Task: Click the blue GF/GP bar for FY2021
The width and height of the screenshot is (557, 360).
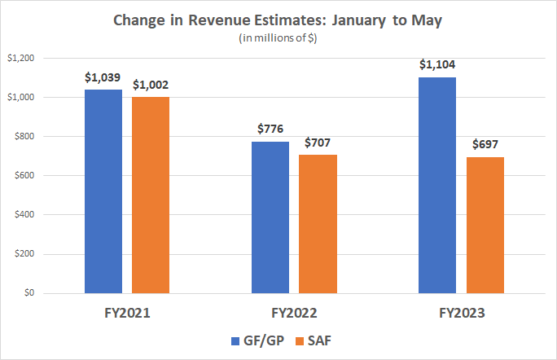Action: click(103, 191)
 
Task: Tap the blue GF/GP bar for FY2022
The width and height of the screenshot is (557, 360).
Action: click(270, 217)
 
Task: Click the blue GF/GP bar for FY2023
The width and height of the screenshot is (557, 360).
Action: click(437, 185)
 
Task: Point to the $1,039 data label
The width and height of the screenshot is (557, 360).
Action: click(103, 78)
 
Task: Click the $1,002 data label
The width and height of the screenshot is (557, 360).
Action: click(151, 85)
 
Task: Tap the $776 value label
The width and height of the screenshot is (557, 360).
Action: click(270, 130)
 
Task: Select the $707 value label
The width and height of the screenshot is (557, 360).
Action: click(318, 143)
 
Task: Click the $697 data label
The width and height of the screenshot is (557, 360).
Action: click(485, 145)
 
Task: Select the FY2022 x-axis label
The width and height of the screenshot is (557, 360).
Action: click(294, 313)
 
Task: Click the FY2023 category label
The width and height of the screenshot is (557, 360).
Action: click(461, 313)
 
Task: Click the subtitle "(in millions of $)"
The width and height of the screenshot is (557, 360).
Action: click(278, 38)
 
